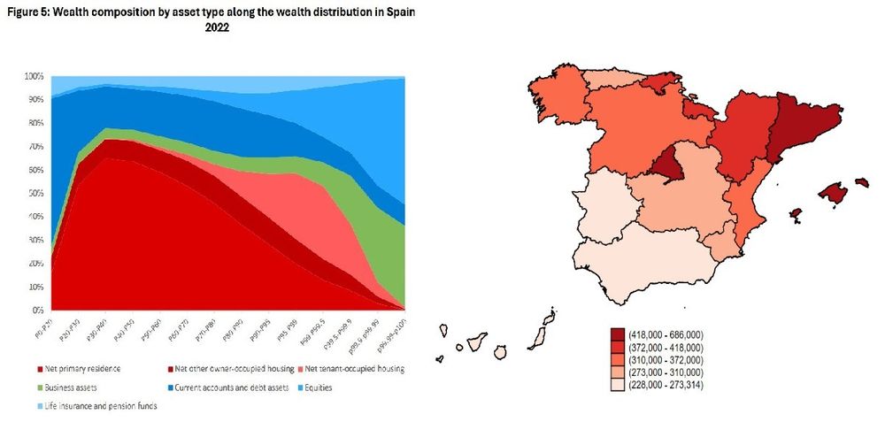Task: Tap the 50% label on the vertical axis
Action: click(35, 194)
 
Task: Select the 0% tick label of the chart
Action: click(38, 311)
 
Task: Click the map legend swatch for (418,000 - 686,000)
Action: click(617, 334)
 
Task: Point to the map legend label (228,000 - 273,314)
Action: click(666, 386)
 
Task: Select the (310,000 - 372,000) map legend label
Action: click(666, 360)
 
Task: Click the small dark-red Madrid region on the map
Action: click(665, 164)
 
